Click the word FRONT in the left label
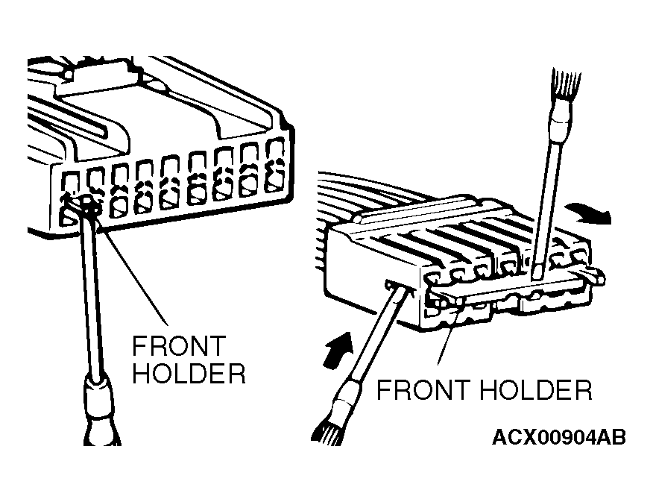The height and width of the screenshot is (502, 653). pos(179,346)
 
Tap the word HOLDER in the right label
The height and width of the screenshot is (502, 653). pos(535,390)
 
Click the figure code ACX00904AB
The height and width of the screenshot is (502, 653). pos(559,437)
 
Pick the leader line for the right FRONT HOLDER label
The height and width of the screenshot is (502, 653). pos(448,337)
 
